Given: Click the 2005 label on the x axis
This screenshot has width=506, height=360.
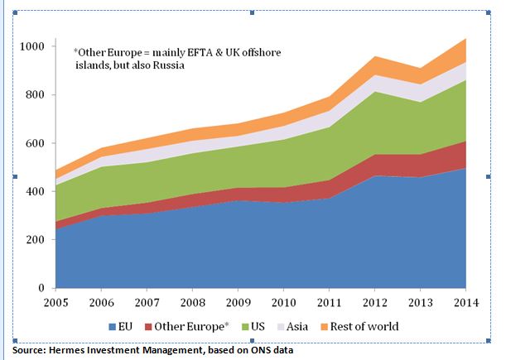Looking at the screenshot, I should tap(55, 303).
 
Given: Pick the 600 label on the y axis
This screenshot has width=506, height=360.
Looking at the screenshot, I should tap(36, 142).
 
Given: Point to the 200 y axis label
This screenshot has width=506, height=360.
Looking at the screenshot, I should tap(36, 239).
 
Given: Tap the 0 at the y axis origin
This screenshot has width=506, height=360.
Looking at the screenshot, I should tap(42, 288).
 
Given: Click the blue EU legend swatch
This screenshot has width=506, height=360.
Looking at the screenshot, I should tap(114, 326).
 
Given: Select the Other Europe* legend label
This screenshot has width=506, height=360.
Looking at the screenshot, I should tap(186, 326).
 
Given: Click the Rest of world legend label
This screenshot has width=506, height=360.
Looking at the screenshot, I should tap(364, 326).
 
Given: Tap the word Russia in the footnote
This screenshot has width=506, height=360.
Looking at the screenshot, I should tap(164, 65).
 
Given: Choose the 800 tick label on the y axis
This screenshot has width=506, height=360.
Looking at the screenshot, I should tap(36, 94).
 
